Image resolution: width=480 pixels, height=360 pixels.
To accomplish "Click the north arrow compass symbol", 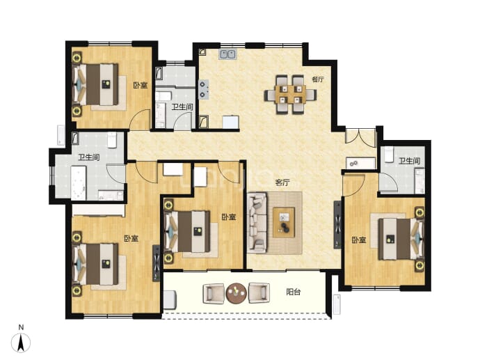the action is [x=21, y=343].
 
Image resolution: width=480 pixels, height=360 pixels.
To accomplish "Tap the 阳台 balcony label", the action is [x=293, y=292].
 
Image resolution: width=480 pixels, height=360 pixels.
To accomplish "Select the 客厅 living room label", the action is [x=282, y=183].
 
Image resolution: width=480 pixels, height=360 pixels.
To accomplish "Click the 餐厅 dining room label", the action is [x=318, y=79].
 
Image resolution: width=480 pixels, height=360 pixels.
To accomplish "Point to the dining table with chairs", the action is [x=291, y=95].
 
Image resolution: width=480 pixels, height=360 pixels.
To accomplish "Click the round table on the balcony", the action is [x=236, y=293].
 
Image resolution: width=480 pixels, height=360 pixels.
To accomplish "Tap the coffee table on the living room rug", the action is [x=284, y=222].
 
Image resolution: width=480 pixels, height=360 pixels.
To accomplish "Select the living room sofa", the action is [x=257, y=223].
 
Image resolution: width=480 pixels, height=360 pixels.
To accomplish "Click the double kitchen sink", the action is [x=227, y=54].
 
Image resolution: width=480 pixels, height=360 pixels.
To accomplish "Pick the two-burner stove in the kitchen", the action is [x=204, y=89].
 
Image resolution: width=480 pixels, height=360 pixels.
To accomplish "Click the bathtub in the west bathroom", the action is [x=79, y=183].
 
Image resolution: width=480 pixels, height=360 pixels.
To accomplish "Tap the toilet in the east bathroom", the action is [x=389, y=155].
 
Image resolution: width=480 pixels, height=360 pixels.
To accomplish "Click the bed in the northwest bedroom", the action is [x=95, y=84].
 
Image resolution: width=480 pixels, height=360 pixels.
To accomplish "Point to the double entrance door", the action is [x=360, y=135].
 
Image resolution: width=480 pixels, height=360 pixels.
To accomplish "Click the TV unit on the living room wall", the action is [x=337, y=225].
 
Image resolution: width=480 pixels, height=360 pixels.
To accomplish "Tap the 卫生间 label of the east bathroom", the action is [x=410, y=161].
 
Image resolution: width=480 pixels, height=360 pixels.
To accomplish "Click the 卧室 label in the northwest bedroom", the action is [x=141, y=85].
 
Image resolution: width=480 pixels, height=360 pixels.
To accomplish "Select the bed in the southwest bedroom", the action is [x=95, y=264].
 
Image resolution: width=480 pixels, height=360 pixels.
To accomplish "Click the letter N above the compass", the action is [x=21, y=327].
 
